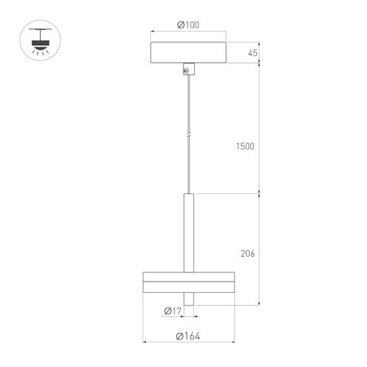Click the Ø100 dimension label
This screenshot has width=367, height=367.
coord(188,25)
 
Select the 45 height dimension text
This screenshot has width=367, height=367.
coord(253,53)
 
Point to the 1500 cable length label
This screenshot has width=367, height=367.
coord(245,146)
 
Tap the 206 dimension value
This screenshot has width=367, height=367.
coord(248,253)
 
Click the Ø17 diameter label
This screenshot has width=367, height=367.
coord(173,311)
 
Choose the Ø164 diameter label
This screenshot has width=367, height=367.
coord(188,336)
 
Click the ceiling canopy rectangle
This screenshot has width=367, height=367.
coord(188,52)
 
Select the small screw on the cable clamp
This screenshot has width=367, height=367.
coord(186,71)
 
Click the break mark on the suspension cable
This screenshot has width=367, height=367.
coord(188,136)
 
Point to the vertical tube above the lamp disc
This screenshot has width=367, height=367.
coord(188,233)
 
